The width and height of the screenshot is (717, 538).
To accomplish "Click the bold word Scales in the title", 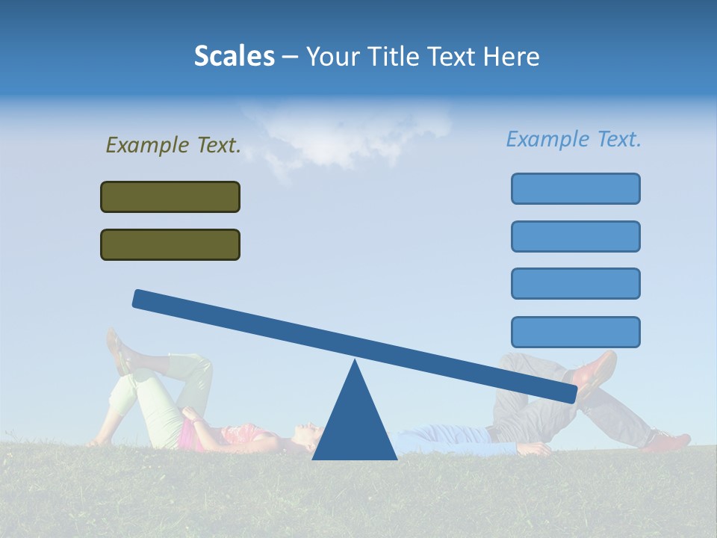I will [x=234, y=56].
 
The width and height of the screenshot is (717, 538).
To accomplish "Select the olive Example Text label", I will [x=173, y=145].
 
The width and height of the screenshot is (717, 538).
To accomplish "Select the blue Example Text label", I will [x=574, y=139].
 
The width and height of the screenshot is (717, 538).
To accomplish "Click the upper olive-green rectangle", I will [x=170, y=197].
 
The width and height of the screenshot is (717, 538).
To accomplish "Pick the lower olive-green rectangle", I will [x=170, y=244].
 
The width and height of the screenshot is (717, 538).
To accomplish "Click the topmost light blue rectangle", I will [x=575, y=188].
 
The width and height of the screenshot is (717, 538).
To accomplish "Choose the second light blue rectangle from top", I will [x=575, y=236].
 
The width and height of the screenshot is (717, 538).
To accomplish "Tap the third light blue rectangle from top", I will [x=575, y=283].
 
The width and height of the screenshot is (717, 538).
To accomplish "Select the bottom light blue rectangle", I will [x=575, y=332].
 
